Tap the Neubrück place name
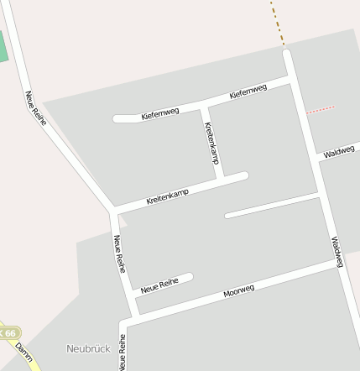tap(88, 347)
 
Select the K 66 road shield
tap(8, 333)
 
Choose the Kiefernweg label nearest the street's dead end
tap(160, 112)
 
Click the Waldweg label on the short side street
tap(338, 151)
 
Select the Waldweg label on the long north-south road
tap(337, 252)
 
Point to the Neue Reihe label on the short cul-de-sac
tap(160, 285)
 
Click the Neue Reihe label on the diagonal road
tap(35, 108)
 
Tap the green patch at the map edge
tap(3, 46)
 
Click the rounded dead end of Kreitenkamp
tap(243, 176)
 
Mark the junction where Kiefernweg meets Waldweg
tap(290, 78)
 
